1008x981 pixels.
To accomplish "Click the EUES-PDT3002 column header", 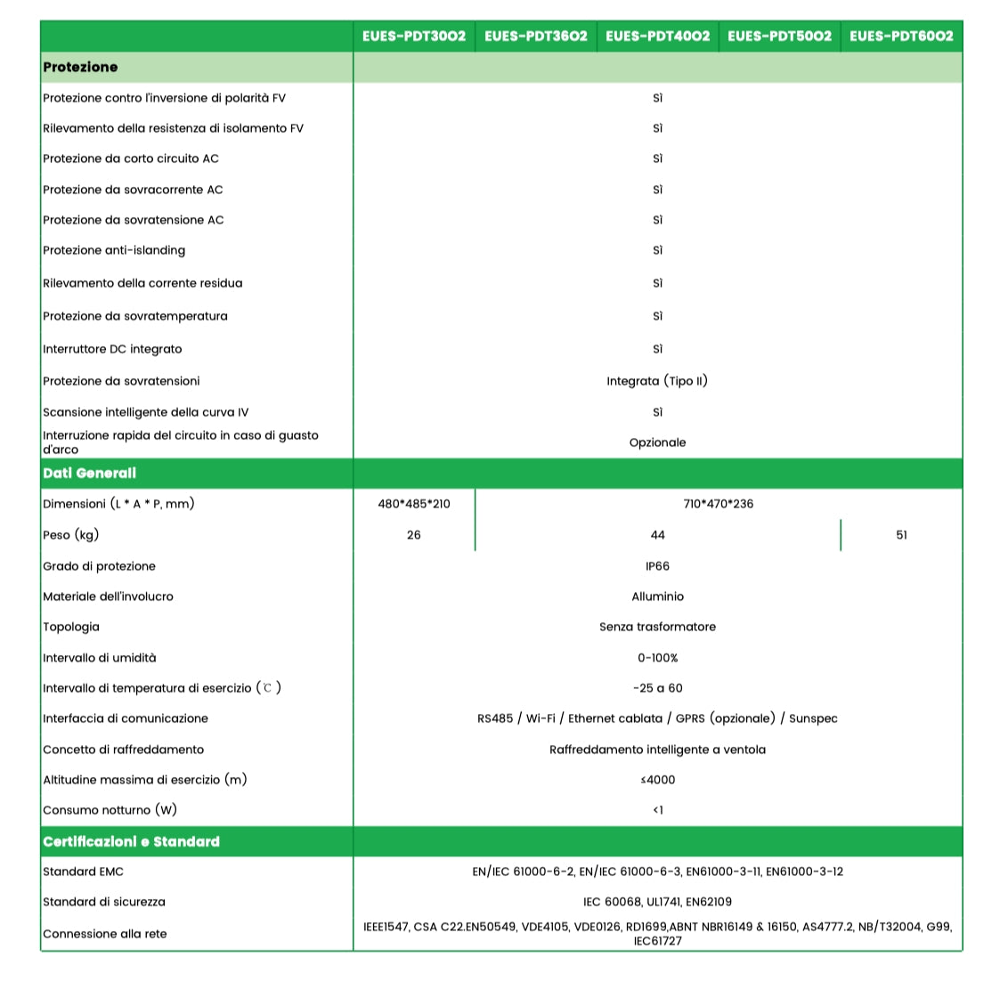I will tap(414, 36).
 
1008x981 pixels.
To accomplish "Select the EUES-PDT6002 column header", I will tap(901, 36).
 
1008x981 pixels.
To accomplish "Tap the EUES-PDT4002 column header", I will tap(658, 36).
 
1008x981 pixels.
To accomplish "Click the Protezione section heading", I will tap(80, 67).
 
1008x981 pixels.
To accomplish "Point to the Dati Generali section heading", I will tap(89, 474).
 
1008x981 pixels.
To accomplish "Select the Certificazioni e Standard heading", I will tap(131, 841).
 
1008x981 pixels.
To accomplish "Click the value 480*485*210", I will tap(414, 504).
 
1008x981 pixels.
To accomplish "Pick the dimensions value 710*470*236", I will tap(718, 504).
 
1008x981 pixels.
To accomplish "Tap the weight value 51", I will tap(901, 535).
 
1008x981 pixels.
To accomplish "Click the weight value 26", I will tap(414, 535).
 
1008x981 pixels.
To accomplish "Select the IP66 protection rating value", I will tap(657, 566).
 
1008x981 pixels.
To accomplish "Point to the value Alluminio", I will tap(657, 596).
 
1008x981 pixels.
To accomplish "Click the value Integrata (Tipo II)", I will tap(657, 381).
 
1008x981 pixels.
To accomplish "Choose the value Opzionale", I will tap(657, 442).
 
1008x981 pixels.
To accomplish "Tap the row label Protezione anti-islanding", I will tap(114, 250).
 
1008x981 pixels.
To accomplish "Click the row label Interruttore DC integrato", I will tap(112, 349).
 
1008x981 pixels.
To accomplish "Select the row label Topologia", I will tap(71, 627).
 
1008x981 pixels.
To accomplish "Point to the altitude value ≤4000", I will tap(657, 780).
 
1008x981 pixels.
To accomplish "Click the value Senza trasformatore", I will tap(657, 627).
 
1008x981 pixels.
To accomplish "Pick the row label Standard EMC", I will tap(83, 872).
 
